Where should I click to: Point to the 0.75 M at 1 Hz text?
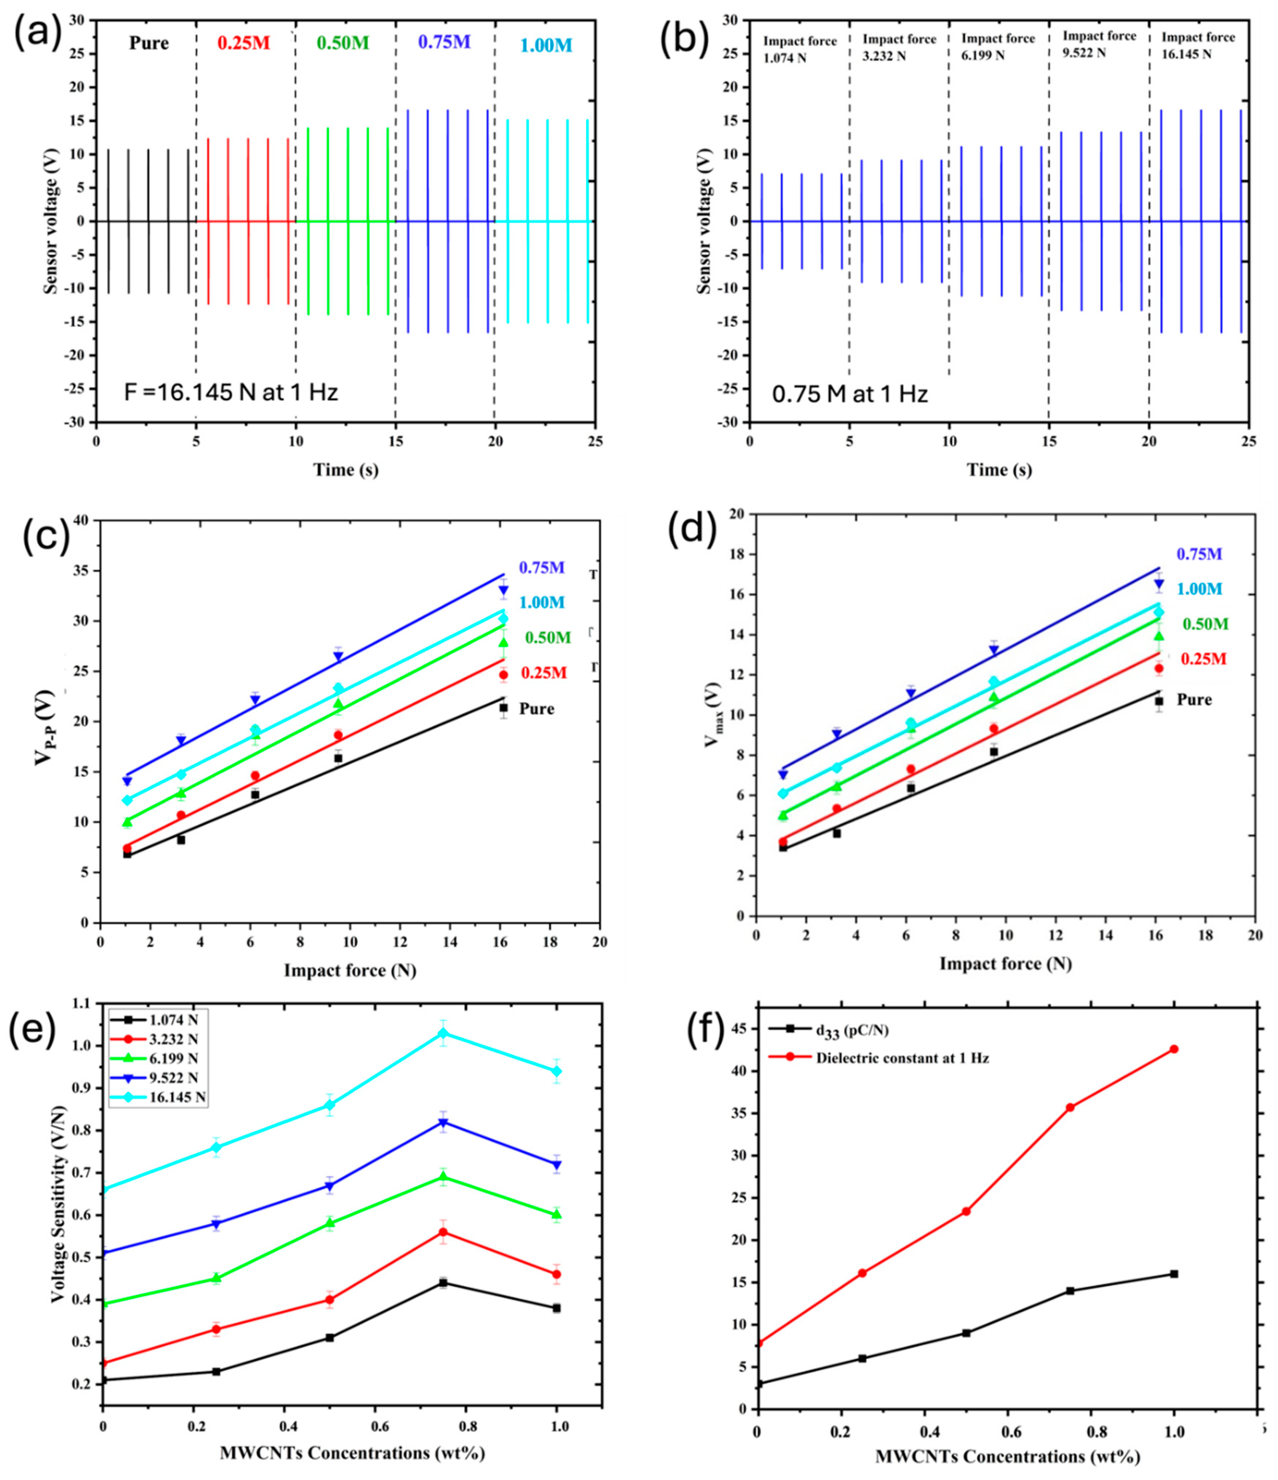pyautogui.click(x=850, y=394)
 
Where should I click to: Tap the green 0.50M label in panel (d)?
pyautogui.click(x=1205, y=624)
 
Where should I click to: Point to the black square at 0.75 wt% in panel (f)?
pyautogui.click(x=1070, y=1291)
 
